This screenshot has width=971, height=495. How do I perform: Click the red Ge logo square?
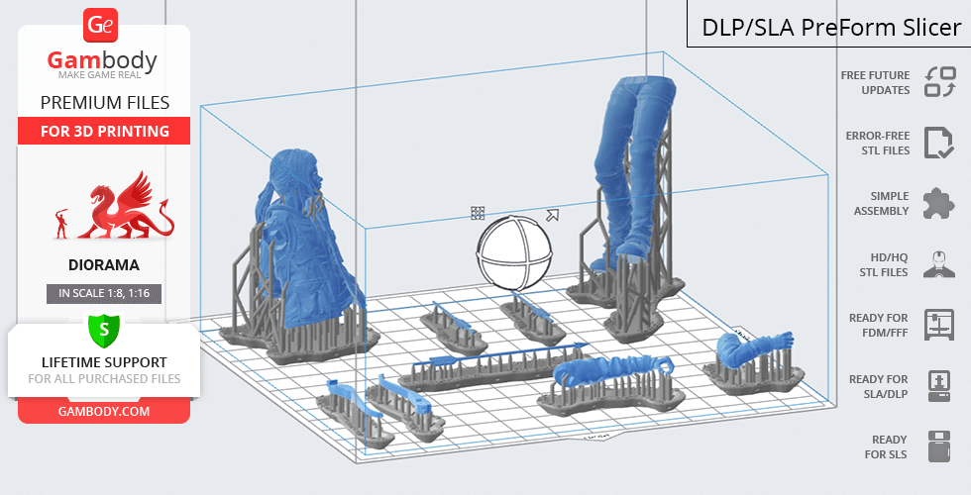coord(100,25)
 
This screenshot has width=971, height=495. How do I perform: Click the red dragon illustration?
coord(124,206)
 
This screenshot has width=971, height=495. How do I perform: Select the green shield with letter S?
coord(104,331)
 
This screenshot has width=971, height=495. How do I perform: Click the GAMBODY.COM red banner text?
coord(104,412)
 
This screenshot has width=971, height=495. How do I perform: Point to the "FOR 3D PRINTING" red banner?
coord(104,131)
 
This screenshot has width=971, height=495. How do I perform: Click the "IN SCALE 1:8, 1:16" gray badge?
coord(104,293)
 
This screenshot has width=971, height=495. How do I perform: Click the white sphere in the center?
coord(513,252)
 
